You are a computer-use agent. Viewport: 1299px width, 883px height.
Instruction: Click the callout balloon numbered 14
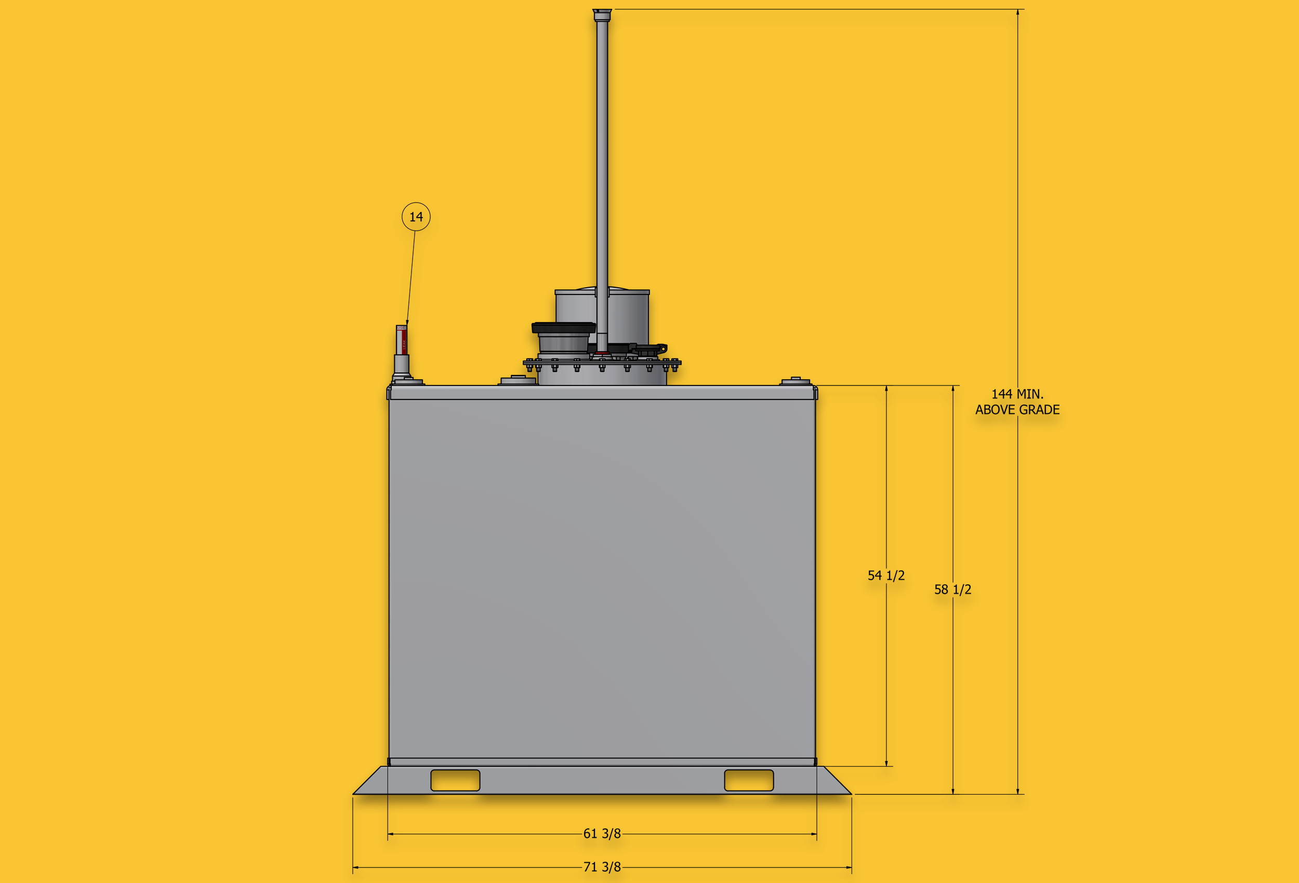[x=416, y=217]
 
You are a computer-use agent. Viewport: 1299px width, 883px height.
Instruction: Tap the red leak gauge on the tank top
[x=401, y=339]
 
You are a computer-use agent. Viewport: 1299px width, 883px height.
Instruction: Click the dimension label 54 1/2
[x=886, y=576]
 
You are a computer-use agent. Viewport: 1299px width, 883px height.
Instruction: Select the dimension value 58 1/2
[x=952, y=590]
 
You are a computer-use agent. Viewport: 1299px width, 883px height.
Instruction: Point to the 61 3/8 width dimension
[x=602, y=834]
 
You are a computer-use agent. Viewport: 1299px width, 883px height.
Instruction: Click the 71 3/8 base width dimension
[x=602, y=867]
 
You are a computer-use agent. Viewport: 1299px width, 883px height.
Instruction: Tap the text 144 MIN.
[x=1017, y=394]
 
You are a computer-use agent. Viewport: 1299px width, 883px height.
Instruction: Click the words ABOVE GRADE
[x=1017, y=410]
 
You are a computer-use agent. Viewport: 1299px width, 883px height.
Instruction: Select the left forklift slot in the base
[x=455, y=780]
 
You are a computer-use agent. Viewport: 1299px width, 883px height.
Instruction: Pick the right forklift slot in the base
[x=748, y=780]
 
